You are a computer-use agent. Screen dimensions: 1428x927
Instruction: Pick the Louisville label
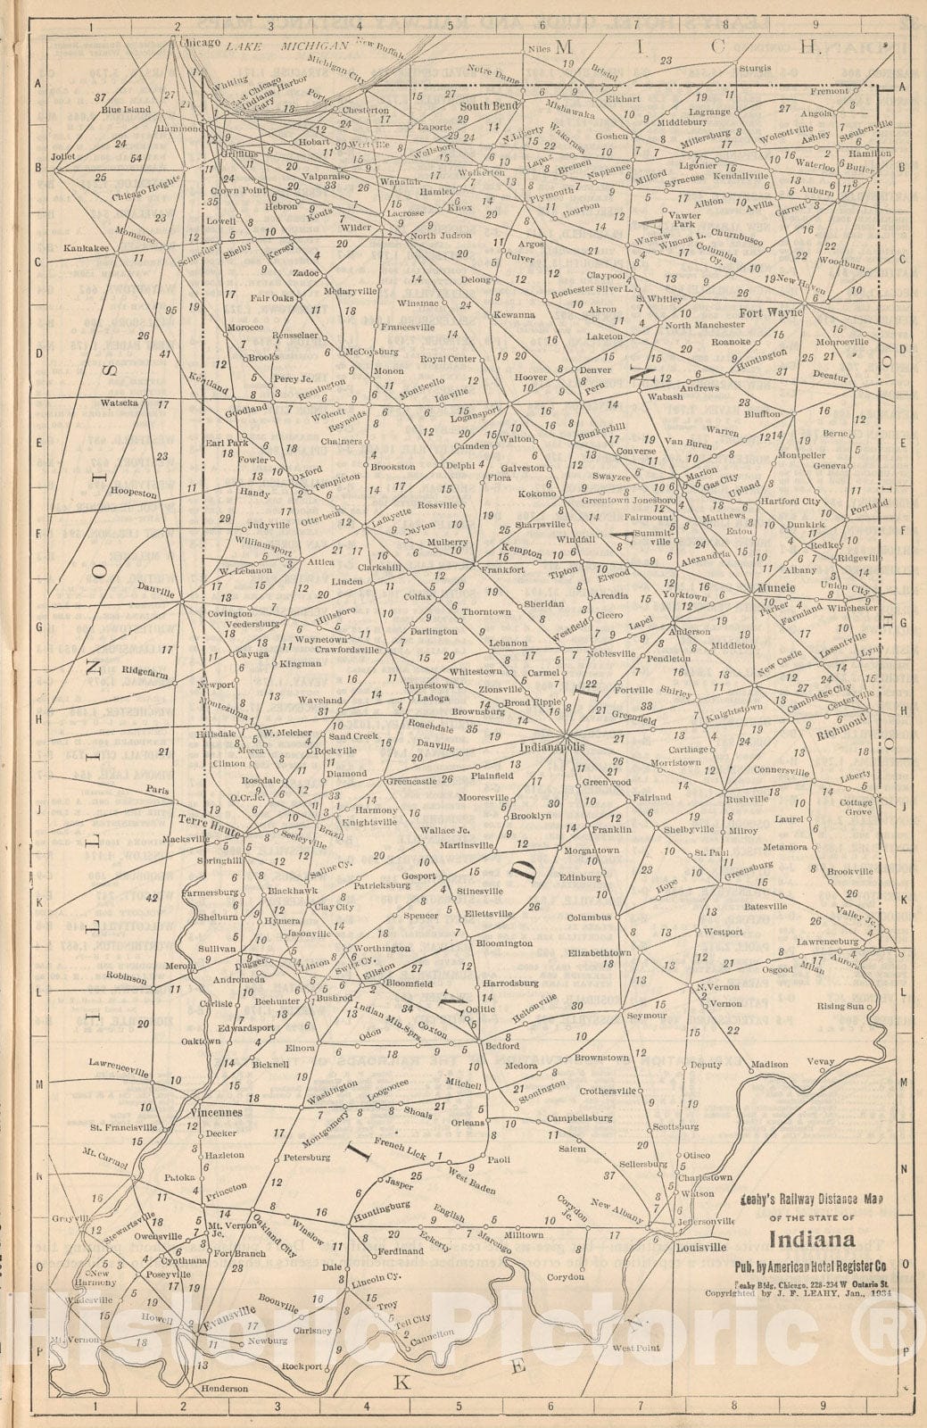click(700, 1248)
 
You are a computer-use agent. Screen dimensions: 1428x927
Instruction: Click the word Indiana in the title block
click(811, 1240)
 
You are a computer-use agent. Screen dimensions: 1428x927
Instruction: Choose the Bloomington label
click(504, 942)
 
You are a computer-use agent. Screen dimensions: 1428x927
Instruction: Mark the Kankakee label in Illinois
click(89, 249)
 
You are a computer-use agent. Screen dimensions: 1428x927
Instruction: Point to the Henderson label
click(224, 1415)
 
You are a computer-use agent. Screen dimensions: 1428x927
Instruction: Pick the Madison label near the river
click(769, 1064)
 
